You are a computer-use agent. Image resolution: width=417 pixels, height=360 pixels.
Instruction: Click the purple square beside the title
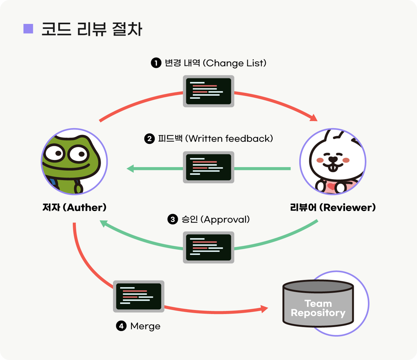click(x=28, y=29)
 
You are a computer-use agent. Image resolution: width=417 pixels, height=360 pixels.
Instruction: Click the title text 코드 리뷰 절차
click(x=92, y=29)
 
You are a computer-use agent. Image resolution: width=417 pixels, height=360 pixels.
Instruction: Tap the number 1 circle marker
click(x=156, y=63)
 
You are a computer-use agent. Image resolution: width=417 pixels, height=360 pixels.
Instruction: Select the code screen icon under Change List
click(x=208, y=91)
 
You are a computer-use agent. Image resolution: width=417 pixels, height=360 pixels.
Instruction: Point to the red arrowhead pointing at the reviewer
click(x=314, y=118)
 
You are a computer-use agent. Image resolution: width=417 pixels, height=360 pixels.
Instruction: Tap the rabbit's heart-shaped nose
click(x=333, y=159)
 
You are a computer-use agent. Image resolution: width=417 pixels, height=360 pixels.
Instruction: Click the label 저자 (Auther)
click(x=74, y=208)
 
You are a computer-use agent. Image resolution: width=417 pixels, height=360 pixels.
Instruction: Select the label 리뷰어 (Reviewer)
click(x=333, y=208)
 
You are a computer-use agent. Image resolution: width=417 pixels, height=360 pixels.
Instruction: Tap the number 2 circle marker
click(x=149, y=139)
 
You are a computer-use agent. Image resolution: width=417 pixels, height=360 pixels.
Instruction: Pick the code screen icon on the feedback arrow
click(x=208, y=167)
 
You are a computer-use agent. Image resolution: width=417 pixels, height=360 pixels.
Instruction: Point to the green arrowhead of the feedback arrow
click(x=130, y=168)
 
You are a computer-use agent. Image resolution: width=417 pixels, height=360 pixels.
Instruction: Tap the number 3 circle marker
click(x=172, y=219)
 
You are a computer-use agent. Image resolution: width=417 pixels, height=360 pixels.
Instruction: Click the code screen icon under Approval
click(x=208, y=247)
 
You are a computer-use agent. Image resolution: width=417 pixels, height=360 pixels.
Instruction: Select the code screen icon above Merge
click(x=139, y=296)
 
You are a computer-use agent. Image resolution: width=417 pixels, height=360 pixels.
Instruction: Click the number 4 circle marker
click(x=121, y=326)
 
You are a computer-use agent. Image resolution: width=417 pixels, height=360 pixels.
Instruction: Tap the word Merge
click(x=145, y=326)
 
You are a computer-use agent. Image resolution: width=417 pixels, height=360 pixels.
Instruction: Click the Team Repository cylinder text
click(x=318, y=308)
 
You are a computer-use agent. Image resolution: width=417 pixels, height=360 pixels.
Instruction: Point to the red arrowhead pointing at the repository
click(x=264, y=308)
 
